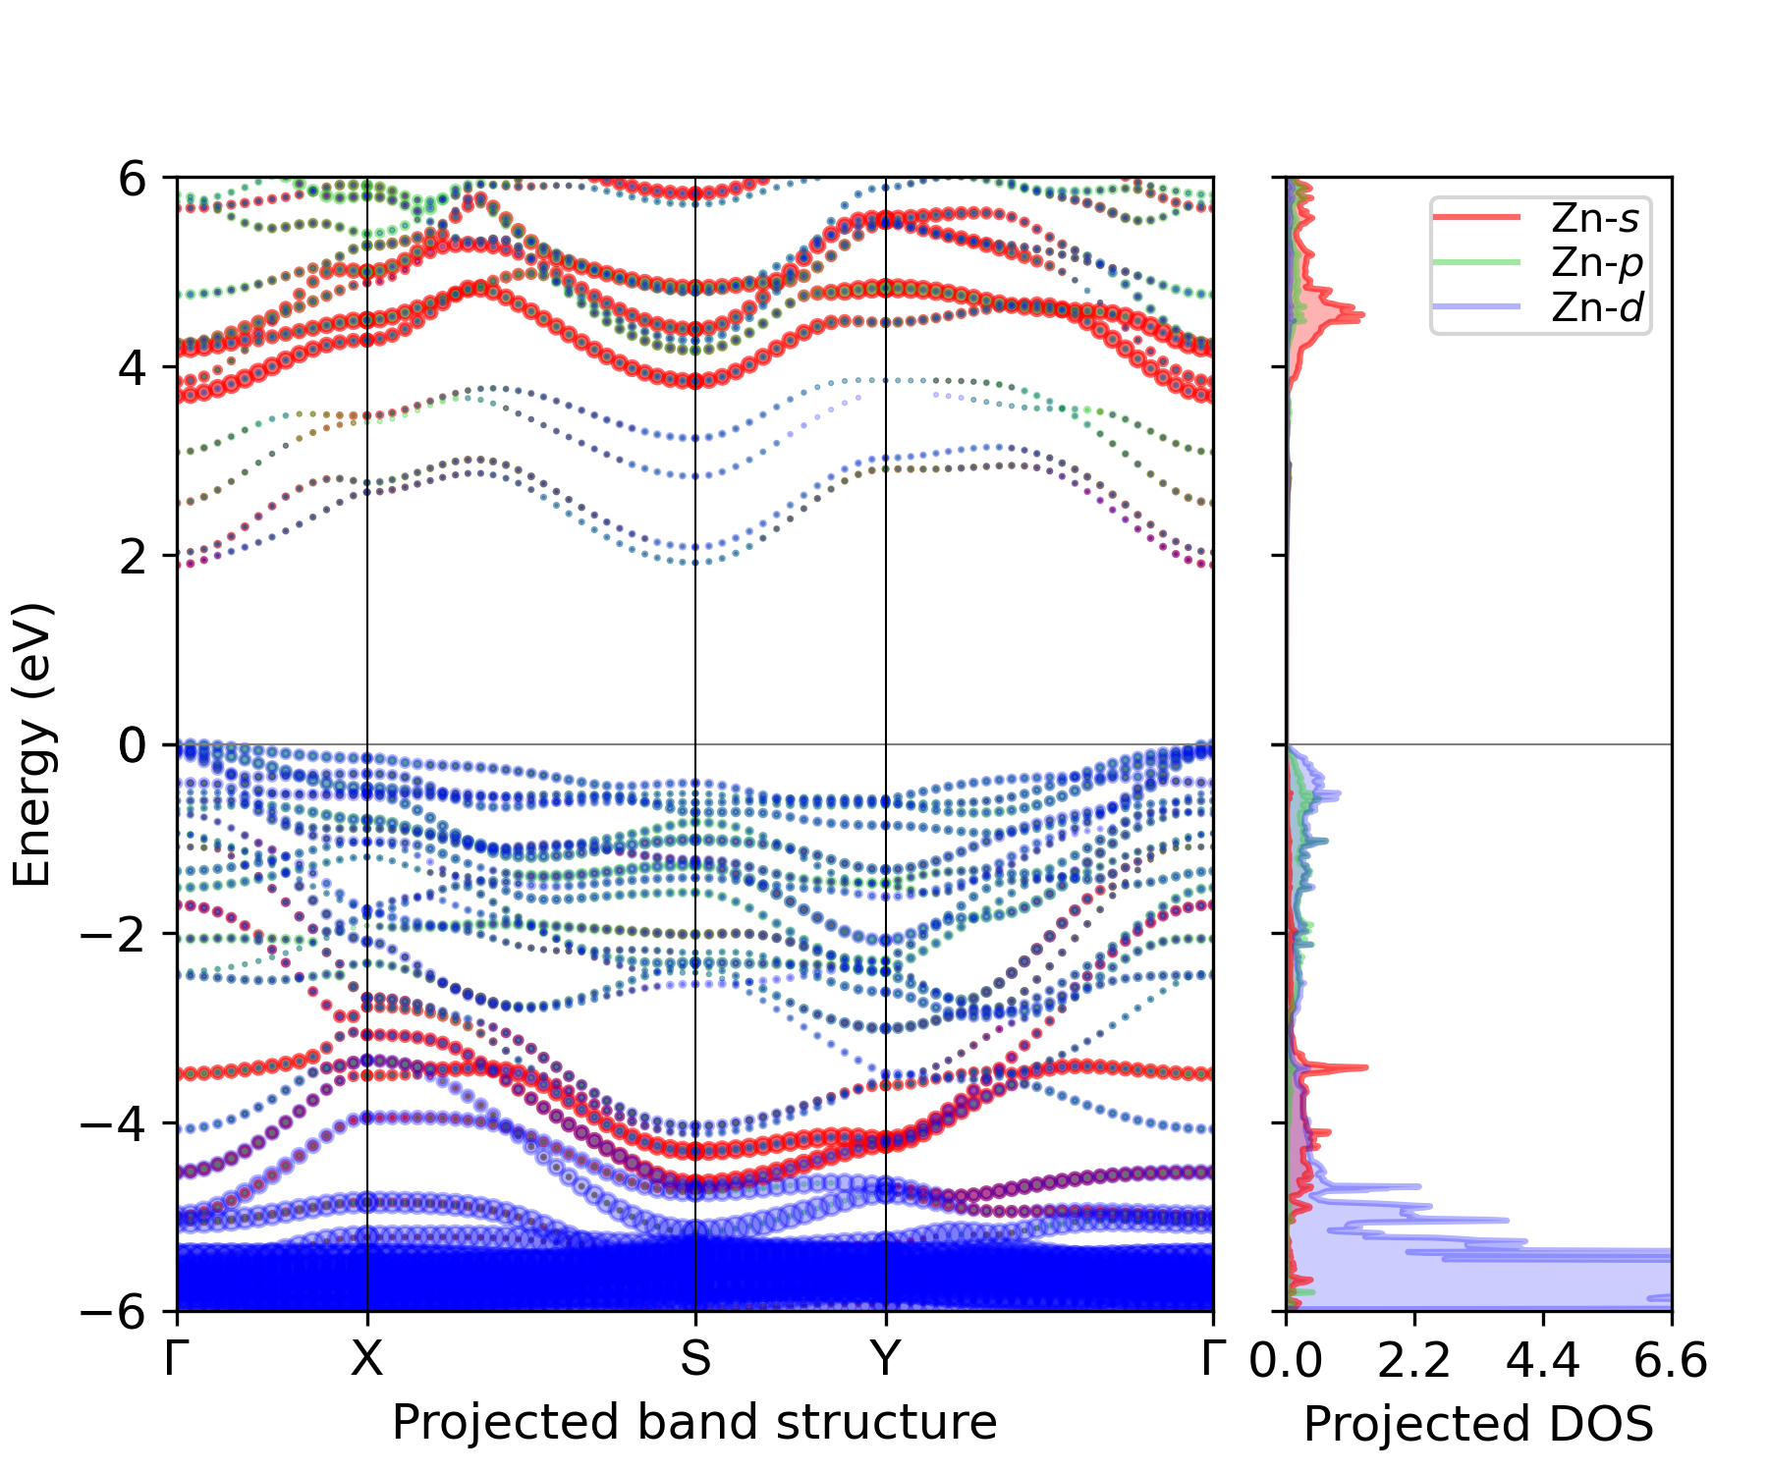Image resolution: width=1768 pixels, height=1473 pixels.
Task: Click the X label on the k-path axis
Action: (x=366, y=1359)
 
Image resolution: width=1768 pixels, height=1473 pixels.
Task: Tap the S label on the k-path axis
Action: (x=695, y=1359)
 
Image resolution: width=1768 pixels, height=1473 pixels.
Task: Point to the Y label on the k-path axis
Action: (x=886, y=1359)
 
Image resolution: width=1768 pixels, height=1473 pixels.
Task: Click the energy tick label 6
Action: (x=134, y=179)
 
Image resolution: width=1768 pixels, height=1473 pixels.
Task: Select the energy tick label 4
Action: (x=134, y=367)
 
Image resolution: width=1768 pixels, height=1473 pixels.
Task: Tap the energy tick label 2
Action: (x=134, y=556)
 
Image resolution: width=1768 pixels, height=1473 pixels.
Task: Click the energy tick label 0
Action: (x=134, y=745)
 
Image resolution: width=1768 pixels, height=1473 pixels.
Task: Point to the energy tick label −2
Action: (x=116, y=934)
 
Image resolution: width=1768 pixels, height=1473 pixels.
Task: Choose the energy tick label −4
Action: (x=116, y=1122)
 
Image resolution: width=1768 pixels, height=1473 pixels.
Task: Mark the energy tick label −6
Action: (x=116, y=1312)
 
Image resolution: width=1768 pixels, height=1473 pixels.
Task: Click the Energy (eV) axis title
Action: (x=31, y=744)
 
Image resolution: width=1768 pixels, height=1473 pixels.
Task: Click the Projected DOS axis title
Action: (x=1478, y=1423)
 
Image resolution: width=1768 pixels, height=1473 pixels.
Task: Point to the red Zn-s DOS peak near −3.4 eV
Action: (x=1361, y=1067)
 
